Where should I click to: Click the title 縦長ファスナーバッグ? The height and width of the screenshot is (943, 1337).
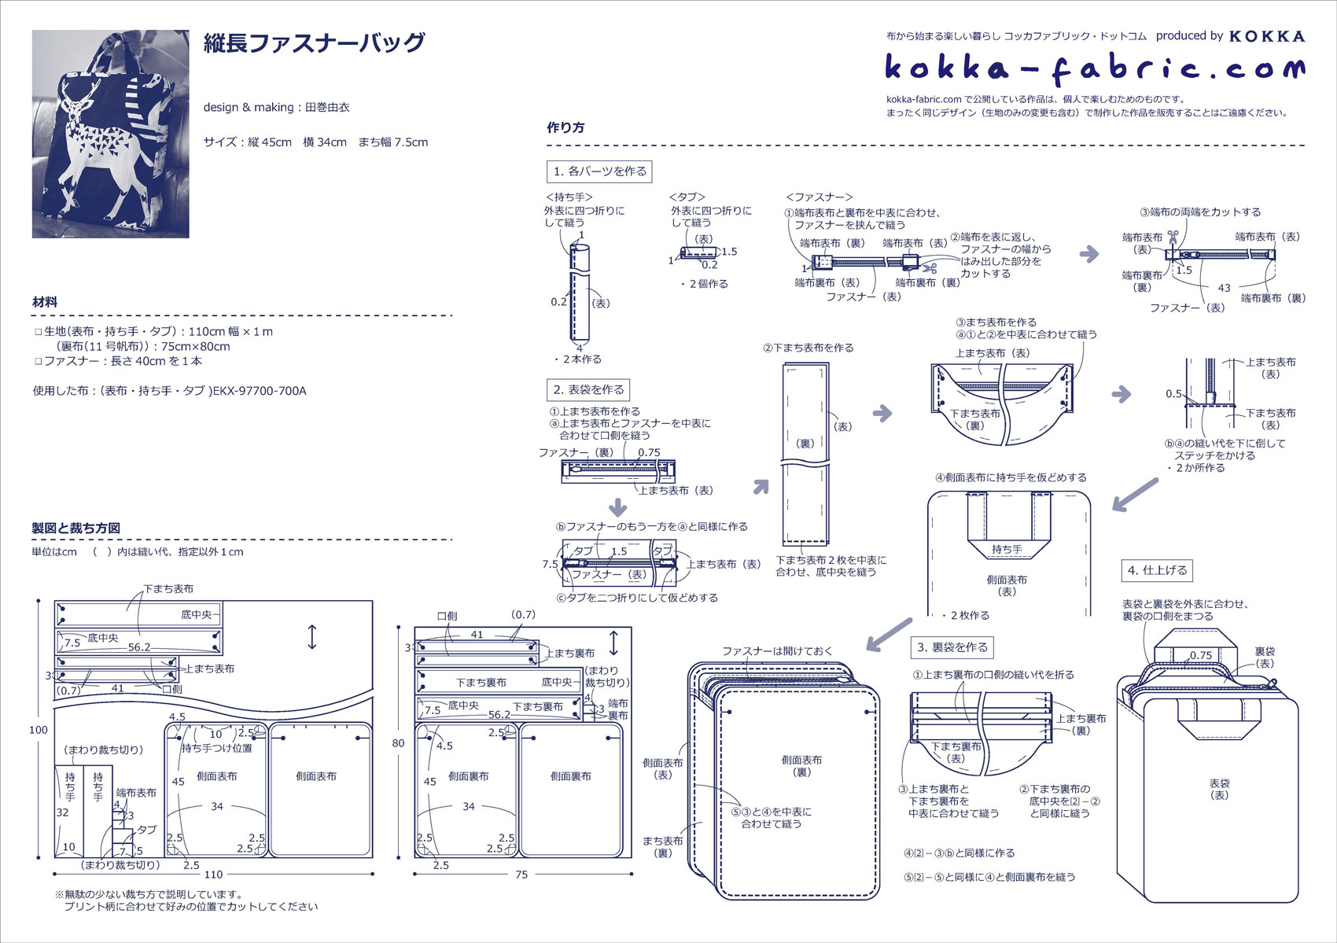(314, 43)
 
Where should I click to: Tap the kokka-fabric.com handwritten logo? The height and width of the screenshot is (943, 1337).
(1094, 68)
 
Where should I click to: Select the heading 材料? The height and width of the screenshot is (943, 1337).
(45, 302)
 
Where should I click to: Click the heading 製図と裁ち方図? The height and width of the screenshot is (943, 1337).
(76, 528)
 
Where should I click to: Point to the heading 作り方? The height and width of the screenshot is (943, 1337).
(565, 127)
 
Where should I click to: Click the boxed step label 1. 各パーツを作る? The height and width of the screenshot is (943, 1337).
(599, 171)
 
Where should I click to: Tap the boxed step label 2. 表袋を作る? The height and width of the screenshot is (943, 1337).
(588, 389)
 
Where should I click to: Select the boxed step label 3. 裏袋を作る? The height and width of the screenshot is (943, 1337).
(952, 647)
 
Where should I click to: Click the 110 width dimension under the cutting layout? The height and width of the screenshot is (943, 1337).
(213, 874)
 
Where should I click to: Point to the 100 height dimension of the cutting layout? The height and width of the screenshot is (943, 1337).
(39, 730)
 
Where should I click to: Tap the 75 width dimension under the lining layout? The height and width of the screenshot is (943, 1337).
(521, 875)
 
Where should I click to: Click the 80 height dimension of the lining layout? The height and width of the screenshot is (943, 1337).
(399, 742)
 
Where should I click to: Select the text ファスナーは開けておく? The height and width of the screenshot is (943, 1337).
(777, 651)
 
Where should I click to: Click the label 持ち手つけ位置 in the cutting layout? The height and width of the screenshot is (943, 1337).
(217, 748)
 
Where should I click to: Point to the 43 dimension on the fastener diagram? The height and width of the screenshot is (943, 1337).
(1224, 288)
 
